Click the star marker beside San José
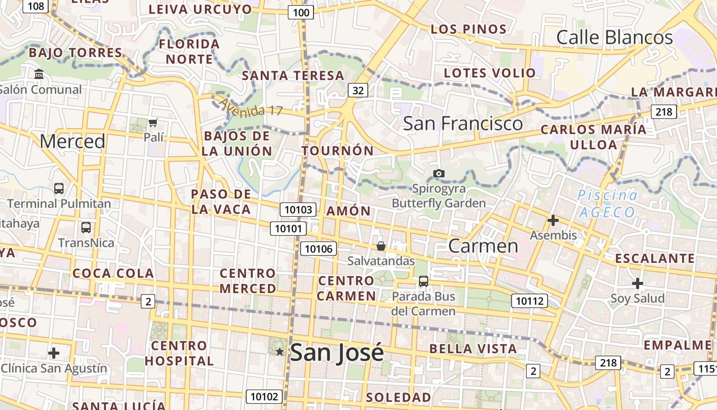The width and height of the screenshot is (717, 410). click(x=280, y=352)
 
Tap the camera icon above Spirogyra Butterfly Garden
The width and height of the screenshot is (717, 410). click(x=438, y=173)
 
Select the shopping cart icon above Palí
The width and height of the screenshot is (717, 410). click(x=153, y=122)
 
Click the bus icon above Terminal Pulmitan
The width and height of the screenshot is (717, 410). click(x=59, y=188)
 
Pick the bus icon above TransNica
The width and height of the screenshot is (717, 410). click(x=86, y=227)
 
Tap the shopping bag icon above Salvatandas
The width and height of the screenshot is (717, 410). click(x=381, y=246)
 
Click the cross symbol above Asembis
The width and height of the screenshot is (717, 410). click(x=553, y=220)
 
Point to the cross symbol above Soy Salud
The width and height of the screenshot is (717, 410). click(x=637, y=283)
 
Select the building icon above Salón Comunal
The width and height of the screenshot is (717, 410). click(x=39, y=74)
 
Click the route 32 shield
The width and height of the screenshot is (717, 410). click(x=358, y=91)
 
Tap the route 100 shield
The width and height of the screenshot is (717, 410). click(x=301, y=13)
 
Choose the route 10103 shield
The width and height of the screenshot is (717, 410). click(x=298, y=209)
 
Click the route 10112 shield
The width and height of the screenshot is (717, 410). click(x=529, y=301)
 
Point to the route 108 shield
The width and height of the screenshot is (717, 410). click(x=36, y=6)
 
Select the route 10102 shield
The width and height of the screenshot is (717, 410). click(x=264, y=396)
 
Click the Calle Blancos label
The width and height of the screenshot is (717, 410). click(x=615, y=37)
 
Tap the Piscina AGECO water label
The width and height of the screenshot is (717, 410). click(x=607, y=203)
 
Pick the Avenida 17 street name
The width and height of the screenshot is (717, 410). click(x=250, y=108)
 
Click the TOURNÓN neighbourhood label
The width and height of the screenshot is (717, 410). click(x=338, y=151)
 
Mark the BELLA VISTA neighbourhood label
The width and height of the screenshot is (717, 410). click(x=473, y=349)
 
